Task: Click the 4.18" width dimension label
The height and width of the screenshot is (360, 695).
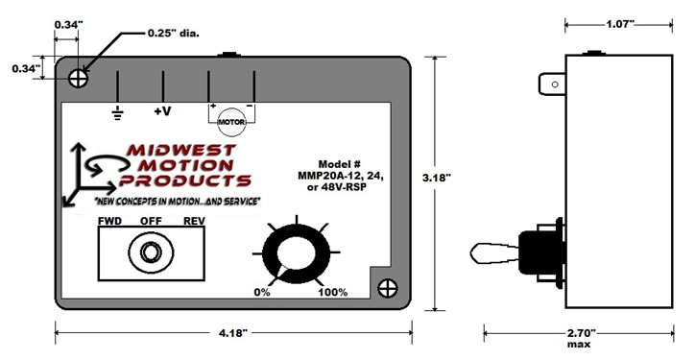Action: pyautogui.click(x=232, y=333)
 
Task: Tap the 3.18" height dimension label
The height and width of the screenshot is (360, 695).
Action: pyautogui.click(x=437, y=178)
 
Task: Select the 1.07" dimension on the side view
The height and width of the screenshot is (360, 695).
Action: pyautogui.click(x=618, y=24)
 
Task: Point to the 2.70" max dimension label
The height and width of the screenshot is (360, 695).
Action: pyautogui.click(x=579, y=337)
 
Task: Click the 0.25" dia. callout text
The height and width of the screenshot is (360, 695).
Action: pyautogui.click(x=174, y=34)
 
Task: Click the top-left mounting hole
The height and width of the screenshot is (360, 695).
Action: pyautogui.click(x=79, y=79)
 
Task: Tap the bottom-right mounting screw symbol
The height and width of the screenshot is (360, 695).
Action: pyautogui.click(x=388, y=288)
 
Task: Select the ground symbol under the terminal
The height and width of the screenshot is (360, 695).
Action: pyautogui.click(x=117, y=113)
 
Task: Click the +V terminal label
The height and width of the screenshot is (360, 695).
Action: pyautogui.click(x=162, y=111)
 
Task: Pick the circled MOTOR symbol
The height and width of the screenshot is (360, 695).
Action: pyautogui.click(x=231, y=122)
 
